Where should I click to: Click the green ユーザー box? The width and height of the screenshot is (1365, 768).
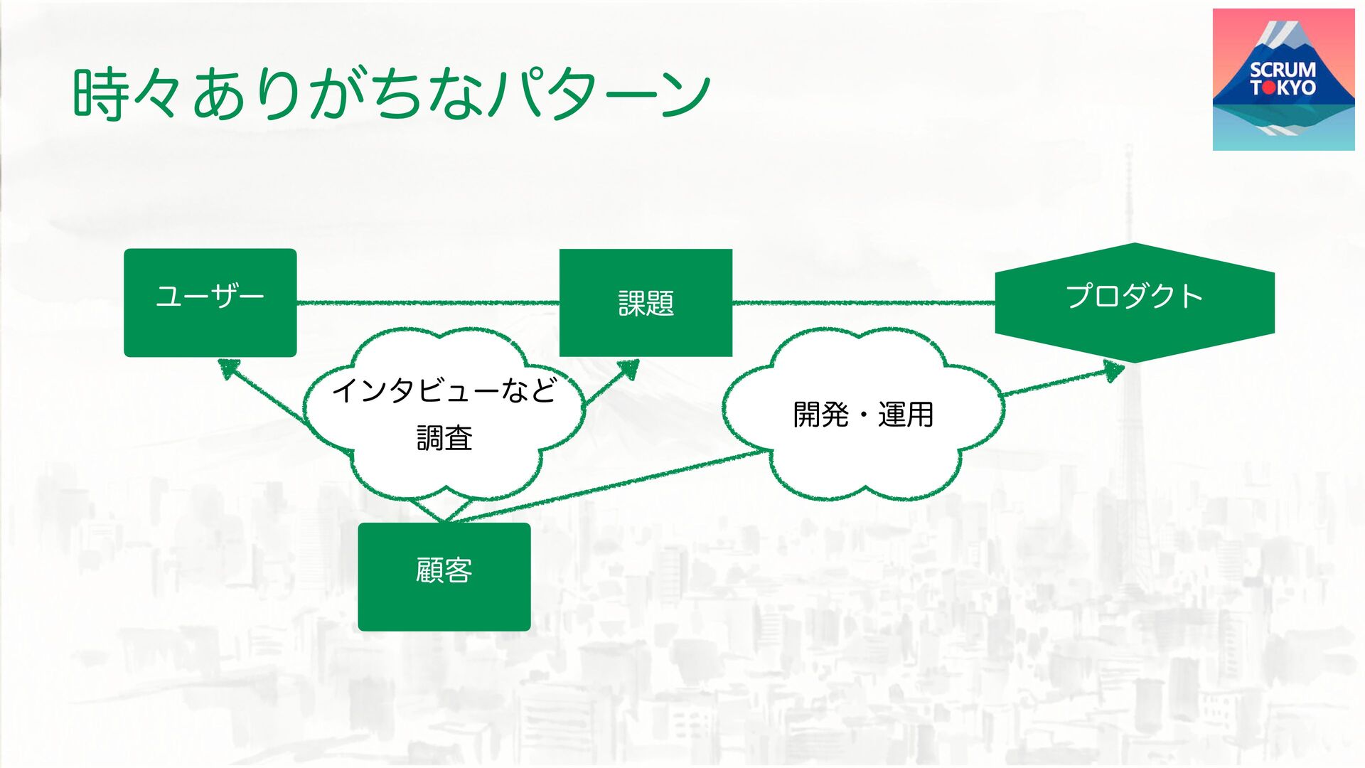210,302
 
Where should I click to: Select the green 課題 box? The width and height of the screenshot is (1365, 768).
646,302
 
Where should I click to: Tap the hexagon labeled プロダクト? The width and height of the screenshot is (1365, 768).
1134,302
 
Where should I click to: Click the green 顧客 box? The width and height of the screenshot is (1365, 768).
444,577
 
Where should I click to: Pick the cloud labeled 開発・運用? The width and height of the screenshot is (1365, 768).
862,414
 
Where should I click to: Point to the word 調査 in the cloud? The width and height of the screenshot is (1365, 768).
444,438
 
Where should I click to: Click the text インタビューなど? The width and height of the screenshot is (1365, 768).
444,390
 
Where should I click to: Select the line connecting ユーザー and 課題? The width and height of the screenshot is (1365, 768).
427,303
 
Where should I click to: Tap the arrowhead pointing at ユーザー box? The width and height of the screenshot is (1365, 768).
228,368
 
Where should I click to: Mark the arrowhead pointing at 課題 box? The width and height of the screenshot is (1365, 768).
628,368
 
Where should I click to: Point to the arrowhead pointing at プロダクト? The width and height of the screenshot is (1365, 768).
1113,370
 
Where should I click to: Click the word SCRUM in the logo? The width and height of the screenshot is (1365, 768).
1283,70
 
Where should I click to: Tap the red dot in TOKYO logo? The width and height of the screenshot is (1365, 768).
1268,88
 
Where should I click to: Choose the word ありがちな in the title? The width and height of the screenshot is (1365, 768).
338,94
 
